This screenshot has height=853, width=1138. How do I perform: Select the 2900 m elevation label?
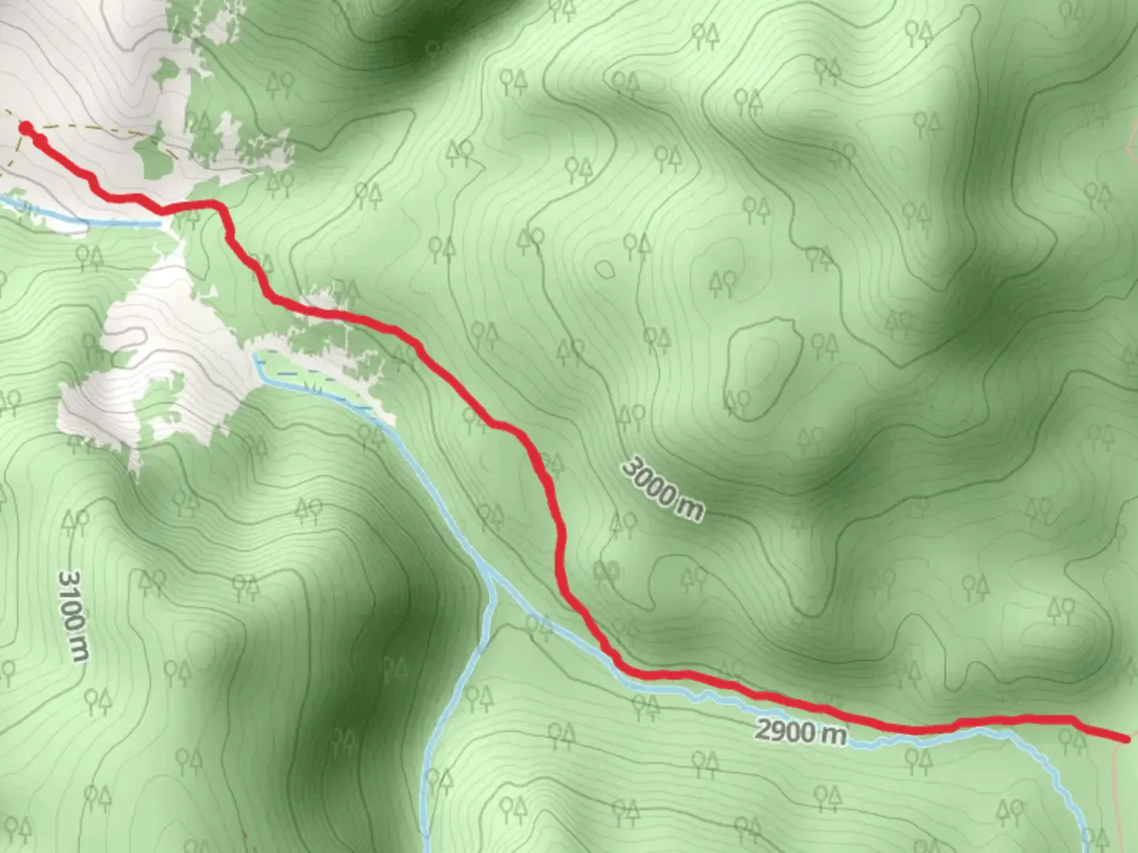800,731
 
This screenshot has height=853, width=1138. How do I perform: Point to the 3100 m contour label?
73,616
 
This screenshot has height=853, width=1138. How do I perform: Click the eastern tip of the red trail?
1126,739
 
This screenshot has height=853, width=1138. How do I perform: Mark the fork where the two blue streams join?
492,576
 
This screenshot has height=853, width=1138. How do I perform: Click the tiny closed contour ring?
605,269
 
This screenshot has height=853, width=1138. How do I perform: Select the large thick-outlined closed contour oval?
763,367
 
